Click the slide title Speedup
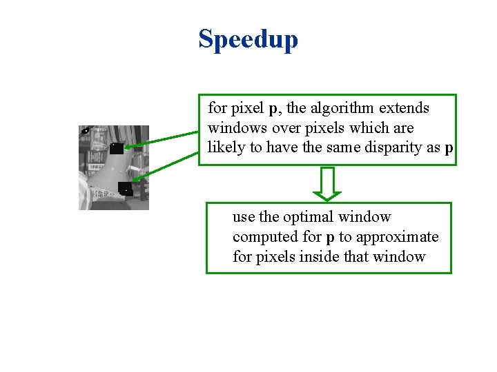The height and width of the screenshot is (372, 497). coord(248,39)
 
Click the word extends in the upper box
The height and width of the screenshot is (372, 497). coord(405,108)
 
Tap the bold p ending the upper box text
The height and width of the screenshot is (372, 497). coord(449,149)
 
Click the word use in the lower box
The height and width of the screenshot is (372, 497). coord(243,217)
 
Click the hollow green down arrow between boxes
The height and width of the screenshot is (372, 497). coord(328,183)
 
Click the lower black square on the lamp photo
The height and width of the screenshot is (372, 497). coord(125,189)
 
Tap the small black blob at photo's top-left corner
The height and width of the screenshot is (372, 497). coord(85,131)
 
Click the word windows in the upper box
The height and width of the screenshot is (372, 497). coord(233,128)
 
